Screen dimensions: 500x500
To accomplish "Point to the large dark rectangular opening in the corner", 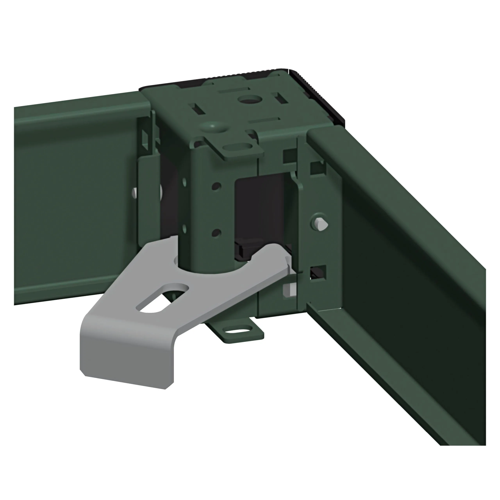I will click(x=261, y=210).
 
